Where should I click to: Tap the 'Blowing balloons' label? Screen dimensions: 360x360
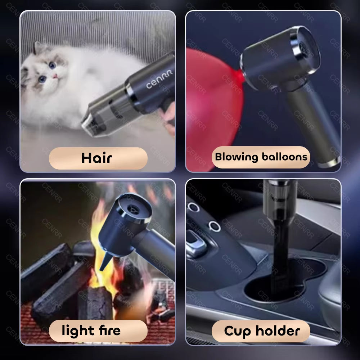point(261,157)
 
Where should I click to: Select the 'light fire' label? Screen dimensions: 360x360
point(91,330)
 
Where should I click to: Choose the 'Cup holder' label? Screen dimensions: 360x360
point(262,330)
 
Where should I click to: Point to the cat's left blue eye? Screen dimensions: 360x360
point(43,78)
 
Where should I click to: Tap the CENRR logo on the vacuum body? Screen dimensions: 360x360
point(159,80)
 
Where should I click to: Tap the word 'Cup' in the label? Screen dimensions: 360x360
point(238,330)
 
